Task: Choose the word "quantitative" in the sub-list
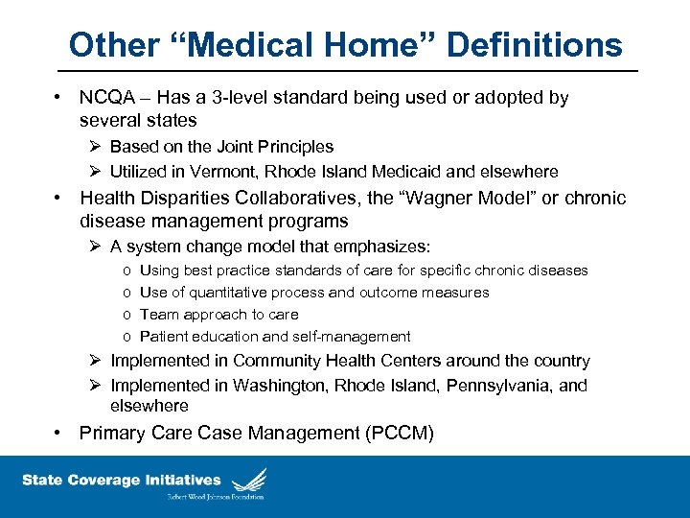[x=228, y=293]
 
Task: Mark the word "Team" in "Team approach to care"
[x=157, y=315]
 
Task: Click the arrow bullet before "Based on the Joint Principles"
[x=95, y=147]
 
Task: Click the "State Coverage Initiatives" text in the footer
[x=121, y=480]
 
